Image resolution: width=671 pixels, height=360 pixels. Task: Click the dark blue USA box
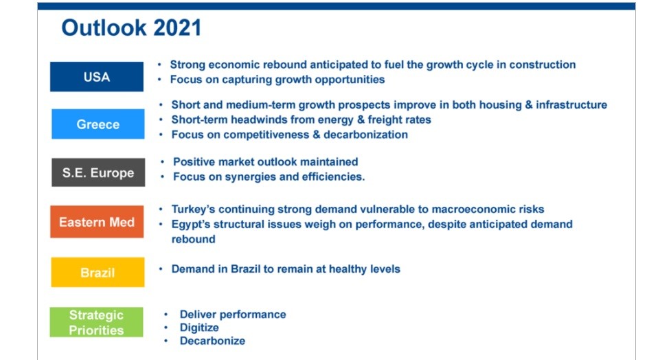pyautogui.click(x=97, y=77)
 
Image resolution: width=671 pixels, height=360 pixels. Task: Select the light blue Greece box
pyautogui.click(x=98, y=124)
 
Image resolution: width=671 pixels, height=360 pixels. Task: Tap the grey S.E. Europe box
pyautogui.click(x=98, y=172)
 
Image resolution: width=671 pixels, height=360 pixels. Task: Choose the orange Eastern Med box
pyautogui.click(x=97, y=222)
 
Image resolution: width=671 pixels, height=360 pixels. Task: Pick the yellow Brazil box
pyautogui.click(x=98, y=272)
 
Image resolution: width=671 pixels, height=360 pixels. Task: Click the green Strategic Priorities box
pyautogui.click(x=96, y=322)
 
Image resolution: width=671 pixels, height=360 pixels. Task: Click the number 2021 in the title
pyautogui.click(x=177, y=27)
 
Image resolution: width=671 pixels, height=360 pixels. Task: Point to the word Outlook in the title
pyautogui.click(x=104, y=27)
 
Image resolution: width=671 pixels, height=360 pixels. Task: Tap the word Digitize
pyautogui.click(x=199, y=328)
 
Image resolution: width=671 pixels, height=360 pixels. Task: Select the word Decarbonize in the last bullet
pyautogui.click(x=212, y=341)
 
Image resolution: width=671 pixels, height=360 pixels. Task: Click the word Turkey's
pyautogui.click(x=193, y=210)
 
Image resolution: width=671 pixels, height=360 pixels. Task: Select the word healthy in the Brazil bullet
pyautogui.click(x=346, y=269)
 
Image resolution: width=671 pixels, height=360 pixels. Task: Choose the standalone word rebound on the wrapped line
pyautogui.click(x=194, y=239)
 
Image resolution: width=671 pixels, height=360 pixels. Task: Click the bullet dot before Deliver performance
pyautogui.click(x=166, y=315)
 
